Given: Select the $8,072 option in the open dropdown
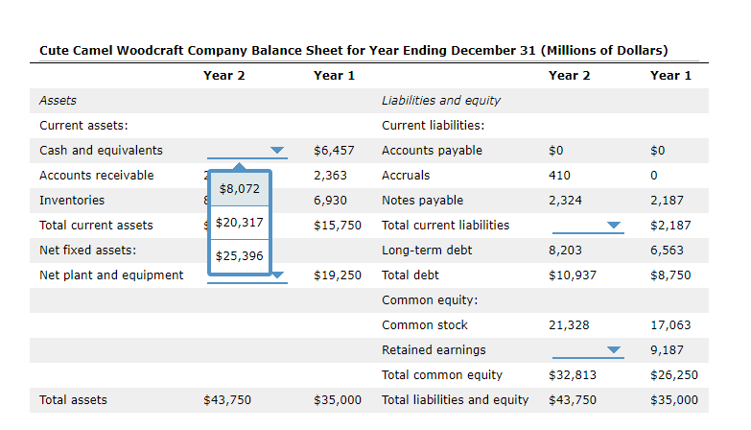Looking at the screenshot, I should point(240,189).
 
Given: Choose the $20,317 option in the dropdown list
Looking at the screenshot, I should point(240,223).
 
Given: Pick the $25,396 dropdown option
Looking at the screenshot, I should point(240,256).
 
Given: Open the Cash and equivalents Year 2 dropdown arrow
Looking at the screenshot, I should point(277,151).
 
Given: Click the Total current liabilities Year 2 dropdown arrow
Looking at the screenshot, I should point(614,226).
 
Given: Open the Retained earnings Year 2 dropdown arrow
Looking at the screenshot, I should point(614,350).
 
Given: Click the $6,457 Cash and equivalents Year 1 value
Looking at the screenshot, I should point(334,151).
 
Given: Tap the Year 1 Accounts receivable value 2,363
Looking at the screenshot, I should point(330,176).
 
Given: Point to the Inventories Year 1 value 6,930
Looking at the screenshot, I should point(330,201).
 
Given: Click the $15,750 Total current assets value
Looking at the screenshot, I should point(338,226).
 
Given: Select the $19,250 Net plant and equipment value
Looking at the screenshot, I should point(338,275).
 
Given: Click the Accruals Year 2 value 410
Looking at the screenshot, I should point(559,176).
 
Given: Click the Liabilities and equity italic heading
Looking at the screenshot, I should point(441,101).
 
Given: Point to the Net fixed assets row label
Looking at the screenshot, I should point(87,251).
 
